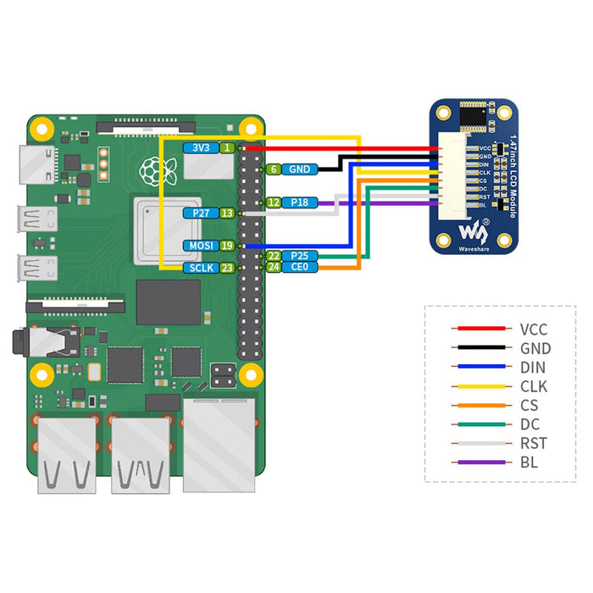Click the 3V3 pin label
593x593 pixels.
[201, 147]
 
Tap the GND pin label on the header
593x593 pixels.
[299, 169]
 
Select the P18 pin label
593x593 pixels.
[299, 202]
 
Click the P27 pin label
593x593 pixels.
[201, 213]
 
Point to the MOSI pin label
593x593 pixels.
[201, 246]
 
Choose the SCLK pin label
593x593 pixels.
[201, 268]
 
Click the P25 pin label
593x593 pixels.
[299, 255]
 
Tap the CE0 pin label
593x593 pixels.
[299, 267]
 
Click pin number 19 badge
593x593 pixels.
[227, 246]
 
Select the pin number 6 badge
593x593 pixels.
[274, 169]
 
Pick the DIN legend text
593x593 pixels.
[533, 367]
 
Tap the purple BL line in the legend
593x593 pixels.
[480, 463]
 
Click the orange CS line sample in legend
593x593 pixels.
[480, 405]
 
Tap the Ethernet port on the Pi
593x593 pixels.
[219, 445]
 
